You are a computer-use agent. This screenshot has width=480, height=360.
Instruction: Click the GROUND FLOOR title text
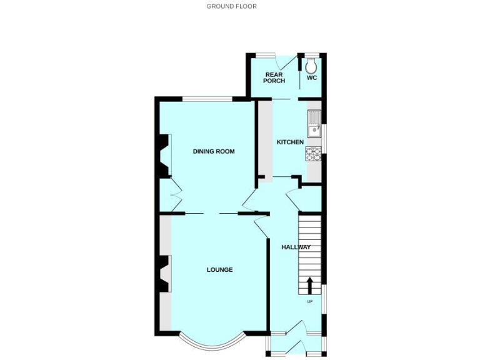click(231, 6)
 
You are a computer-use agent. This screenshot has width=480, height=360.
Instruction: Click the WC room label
click(311, 78)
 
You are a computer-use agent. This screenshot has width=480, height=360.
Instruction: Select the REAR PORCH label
click(274, 77)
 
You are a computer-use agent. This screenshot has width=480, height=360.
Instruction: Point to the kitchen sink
click(313, 122)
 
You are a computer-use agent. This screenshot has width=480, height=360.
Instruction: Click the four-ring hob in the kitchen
click(313, 154)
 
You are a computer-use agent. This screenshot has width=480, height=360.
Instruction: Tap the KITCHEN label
click(290, 142)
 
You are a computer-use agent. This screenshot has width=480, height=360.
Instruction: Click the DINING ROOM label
click(213, 151)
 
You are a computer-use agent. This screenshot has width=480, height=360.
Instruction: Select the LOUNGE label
click(219, 270)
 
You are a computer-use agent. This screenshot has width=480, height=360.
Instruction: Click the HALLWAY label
click(296, 247)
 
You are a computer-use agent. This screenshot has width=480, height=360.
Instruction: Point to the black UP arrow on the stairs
click(309, 286)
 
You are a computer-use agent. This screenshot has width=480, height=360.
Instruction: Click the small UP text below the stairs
click(309, 302)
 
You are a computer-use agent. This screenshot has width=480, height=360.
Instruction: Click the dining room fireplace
click(163, 156)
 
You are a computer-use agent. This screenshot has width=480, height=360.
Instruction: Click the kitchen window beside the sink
click(323, 131)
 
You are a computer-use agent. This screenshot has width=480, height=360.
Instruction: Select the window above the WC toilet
click(311, 54)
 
